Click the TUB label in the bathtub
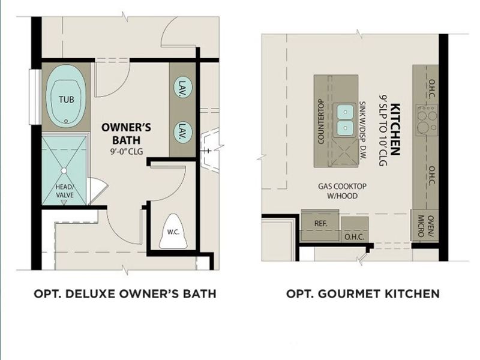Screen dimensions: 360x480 [x=67, y=99]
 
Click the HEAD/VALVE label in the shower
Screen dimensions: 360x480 [x=64, y=190]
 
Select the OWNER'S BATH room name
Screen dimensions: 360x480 [x=125, y=133]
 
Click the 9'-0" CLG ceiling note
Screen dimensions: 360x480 [x=126, y=151]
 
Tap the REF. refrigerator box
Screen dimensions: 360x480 [x=320, y=223]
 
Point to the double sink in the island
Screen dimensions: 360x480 [x=345, y=119]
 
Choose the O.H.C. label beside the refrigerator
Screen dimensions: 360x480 [x=354, y=236]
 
